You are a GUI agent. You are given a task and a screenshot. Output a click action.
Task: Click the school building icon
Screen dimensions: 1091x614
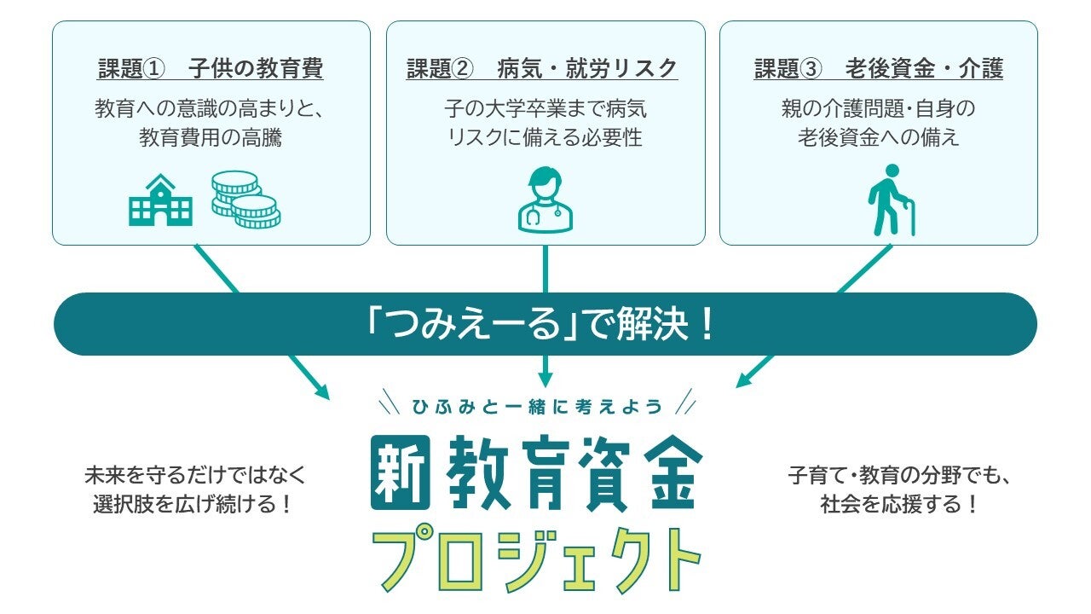click(160, 200)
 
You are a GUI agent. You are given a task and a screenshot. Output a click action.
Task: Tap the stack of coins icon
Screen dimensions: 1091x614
click(246, 200)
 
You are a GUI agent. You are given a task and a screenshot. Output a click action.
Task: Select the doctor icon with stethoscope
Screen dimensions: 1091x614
click(545, 200)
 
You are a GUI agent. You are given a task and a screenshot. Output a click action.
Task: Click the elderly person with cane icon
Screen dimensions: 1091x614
click(891, 200)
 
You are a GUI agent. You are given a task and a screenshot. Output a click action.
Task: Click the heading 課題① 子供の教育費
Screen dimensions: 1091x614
click(211, 68)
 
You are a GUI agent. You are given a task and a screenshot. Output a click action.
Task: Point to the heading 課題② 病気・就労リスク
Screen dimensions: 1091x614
click(542, 68)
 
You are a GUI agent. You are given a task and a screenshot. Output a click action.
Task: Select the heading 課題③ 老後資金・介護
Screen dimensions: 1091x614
click(878, 68)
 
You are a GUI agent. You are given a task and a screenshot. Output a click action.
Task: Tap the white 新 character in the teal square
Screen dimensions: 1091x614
click(401, 472)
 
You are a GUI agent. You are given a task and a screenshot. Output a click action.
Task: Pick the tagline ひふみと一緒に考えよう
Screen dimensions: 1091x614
click(537, 407)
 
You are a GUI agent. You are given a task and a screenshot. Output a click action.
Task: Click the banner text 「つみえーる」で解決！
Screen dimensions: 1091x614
click(540, 324)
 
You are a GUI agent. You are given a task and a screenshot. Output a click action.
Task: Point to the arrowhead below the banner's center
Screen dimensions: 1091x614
click(545, 380)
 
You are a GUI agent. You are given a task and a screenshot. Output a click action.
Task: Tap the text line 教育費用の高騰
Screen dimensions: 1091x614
click(211, 137)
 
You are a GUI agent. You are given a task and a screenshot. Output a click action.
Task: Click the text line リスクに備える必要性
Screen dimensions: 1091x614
click(545, 137)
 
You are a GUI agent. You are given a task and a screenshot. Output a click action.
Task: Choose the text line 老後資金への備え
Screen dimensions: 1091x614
click(878, 137)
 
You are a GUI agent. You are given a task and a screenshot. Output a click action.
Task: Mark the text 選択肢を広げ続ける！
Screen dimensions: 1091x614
click(193, 504)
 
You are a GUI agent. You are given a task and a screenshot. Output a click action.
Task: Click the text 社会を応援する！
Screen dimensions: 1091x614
click(899, 504)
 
